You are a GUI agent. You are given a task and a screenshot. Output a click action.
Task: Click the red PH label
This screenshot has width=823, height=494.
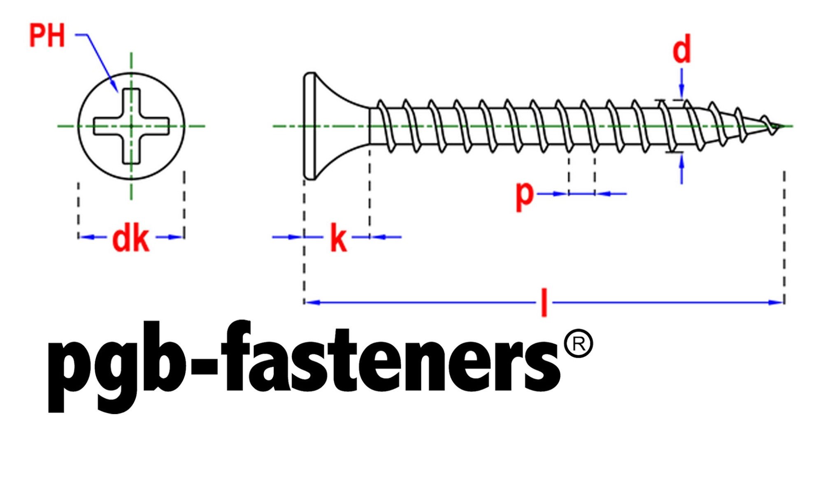click(47, 36)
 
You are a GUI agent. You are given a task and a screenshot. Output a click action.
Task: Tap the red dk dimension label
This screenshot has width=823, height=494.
click(130, 239)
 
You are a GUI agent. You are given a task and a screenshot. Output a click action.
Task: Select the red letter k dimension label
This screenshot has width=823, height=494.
click(339, 239)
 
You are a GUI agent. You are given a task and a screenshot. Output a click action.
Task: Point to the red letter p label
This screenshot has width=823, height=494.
click(525, 196)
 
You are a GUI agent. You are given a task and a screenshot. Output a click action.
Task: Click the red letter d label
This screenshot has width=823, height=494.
click(681, 49)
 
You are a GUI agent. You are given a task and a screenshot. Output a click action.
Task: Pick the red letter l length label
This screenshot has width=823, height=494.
click(544, 303)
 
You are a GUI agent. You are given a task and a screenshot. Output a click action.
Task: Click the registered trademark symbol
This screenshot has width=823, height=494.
click(579, 343)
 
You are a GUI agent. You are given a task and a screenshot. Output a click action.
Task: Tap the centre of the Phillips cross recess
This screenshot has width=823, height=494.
click(131, 126)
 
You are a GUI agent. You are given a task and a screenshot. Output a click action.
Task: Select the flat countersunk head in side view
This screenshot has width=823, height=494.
click(325, 126)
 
